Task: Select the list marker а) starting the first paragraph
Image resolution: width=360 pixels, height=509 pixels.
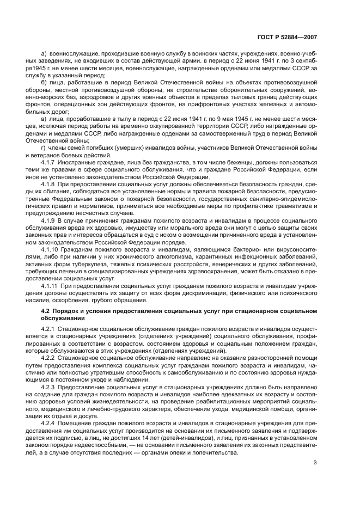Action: (44, 54)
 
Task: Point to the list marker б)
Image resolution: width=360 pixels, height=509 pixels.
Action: (44, 82)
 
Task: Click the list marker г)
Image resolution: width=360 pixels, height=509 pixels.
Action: (44, 149)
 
